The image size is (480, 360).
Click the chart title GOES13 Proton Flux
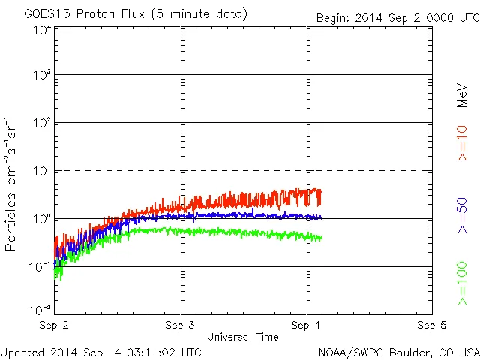tap(136, 14)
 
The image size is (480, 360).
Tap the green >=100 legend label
tap(463, 283)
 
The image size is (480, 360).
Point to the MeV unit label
tap(463, 94)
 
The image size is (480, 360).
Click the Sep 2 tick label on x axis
tap(55, 325)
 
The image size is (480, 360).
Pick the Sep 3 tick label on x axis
tap(181, 325)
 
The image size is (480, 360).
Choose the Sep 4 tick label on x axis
tap(306, 325)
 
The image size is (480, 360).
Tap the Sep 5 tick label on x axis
tap(431, 325)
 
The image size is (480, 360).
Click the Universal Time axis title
tap(242, 337)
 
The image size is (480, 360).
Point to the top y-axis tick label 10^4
tap(41, 31)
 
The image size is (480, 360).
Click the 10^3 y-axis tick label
tap(41, 75)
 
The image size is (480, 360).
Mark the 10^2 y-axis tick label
tap(41, 123)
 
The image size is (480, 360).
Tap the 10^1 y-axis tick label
tap(41, 171)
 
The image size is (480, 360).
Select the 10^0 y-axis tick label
tap(41, 219)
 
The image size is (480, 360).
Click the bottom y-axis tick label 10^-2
tap(40, 309)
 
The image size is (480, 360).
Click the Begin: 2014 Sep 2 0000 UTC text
tap(397, 16)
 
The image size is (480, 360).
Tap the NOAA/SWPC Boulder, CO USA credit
tap(398, 351)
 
